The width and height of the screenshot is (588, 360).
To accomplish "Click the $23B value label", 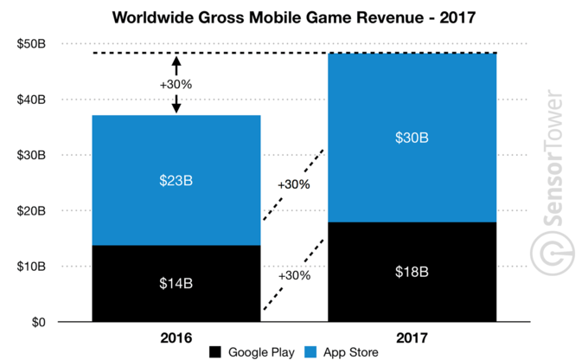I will pyautogui.click(x=176, y=182).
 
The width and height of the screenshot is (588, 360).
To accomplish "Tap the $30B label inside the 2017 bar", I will pyautogui.click(x=412, y=138).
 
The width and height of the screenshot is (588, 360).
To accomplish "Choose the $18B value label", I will pyautogui.click(x=412, y=273).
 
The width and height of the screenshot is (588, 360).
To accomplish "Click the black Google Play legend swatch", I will pyautogui.click(x=214, y=352).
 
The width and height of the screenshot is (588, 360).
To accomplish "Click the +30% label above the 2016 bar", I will pyautogui.click(x=176, y=84).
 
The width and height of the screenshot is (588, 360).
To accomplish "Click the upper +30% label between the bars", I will pyautogui.click(x=294, y=184).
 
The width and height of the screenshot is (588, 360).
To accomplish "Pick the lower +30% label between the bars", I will pyautogui.click(x=294, y=274).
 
